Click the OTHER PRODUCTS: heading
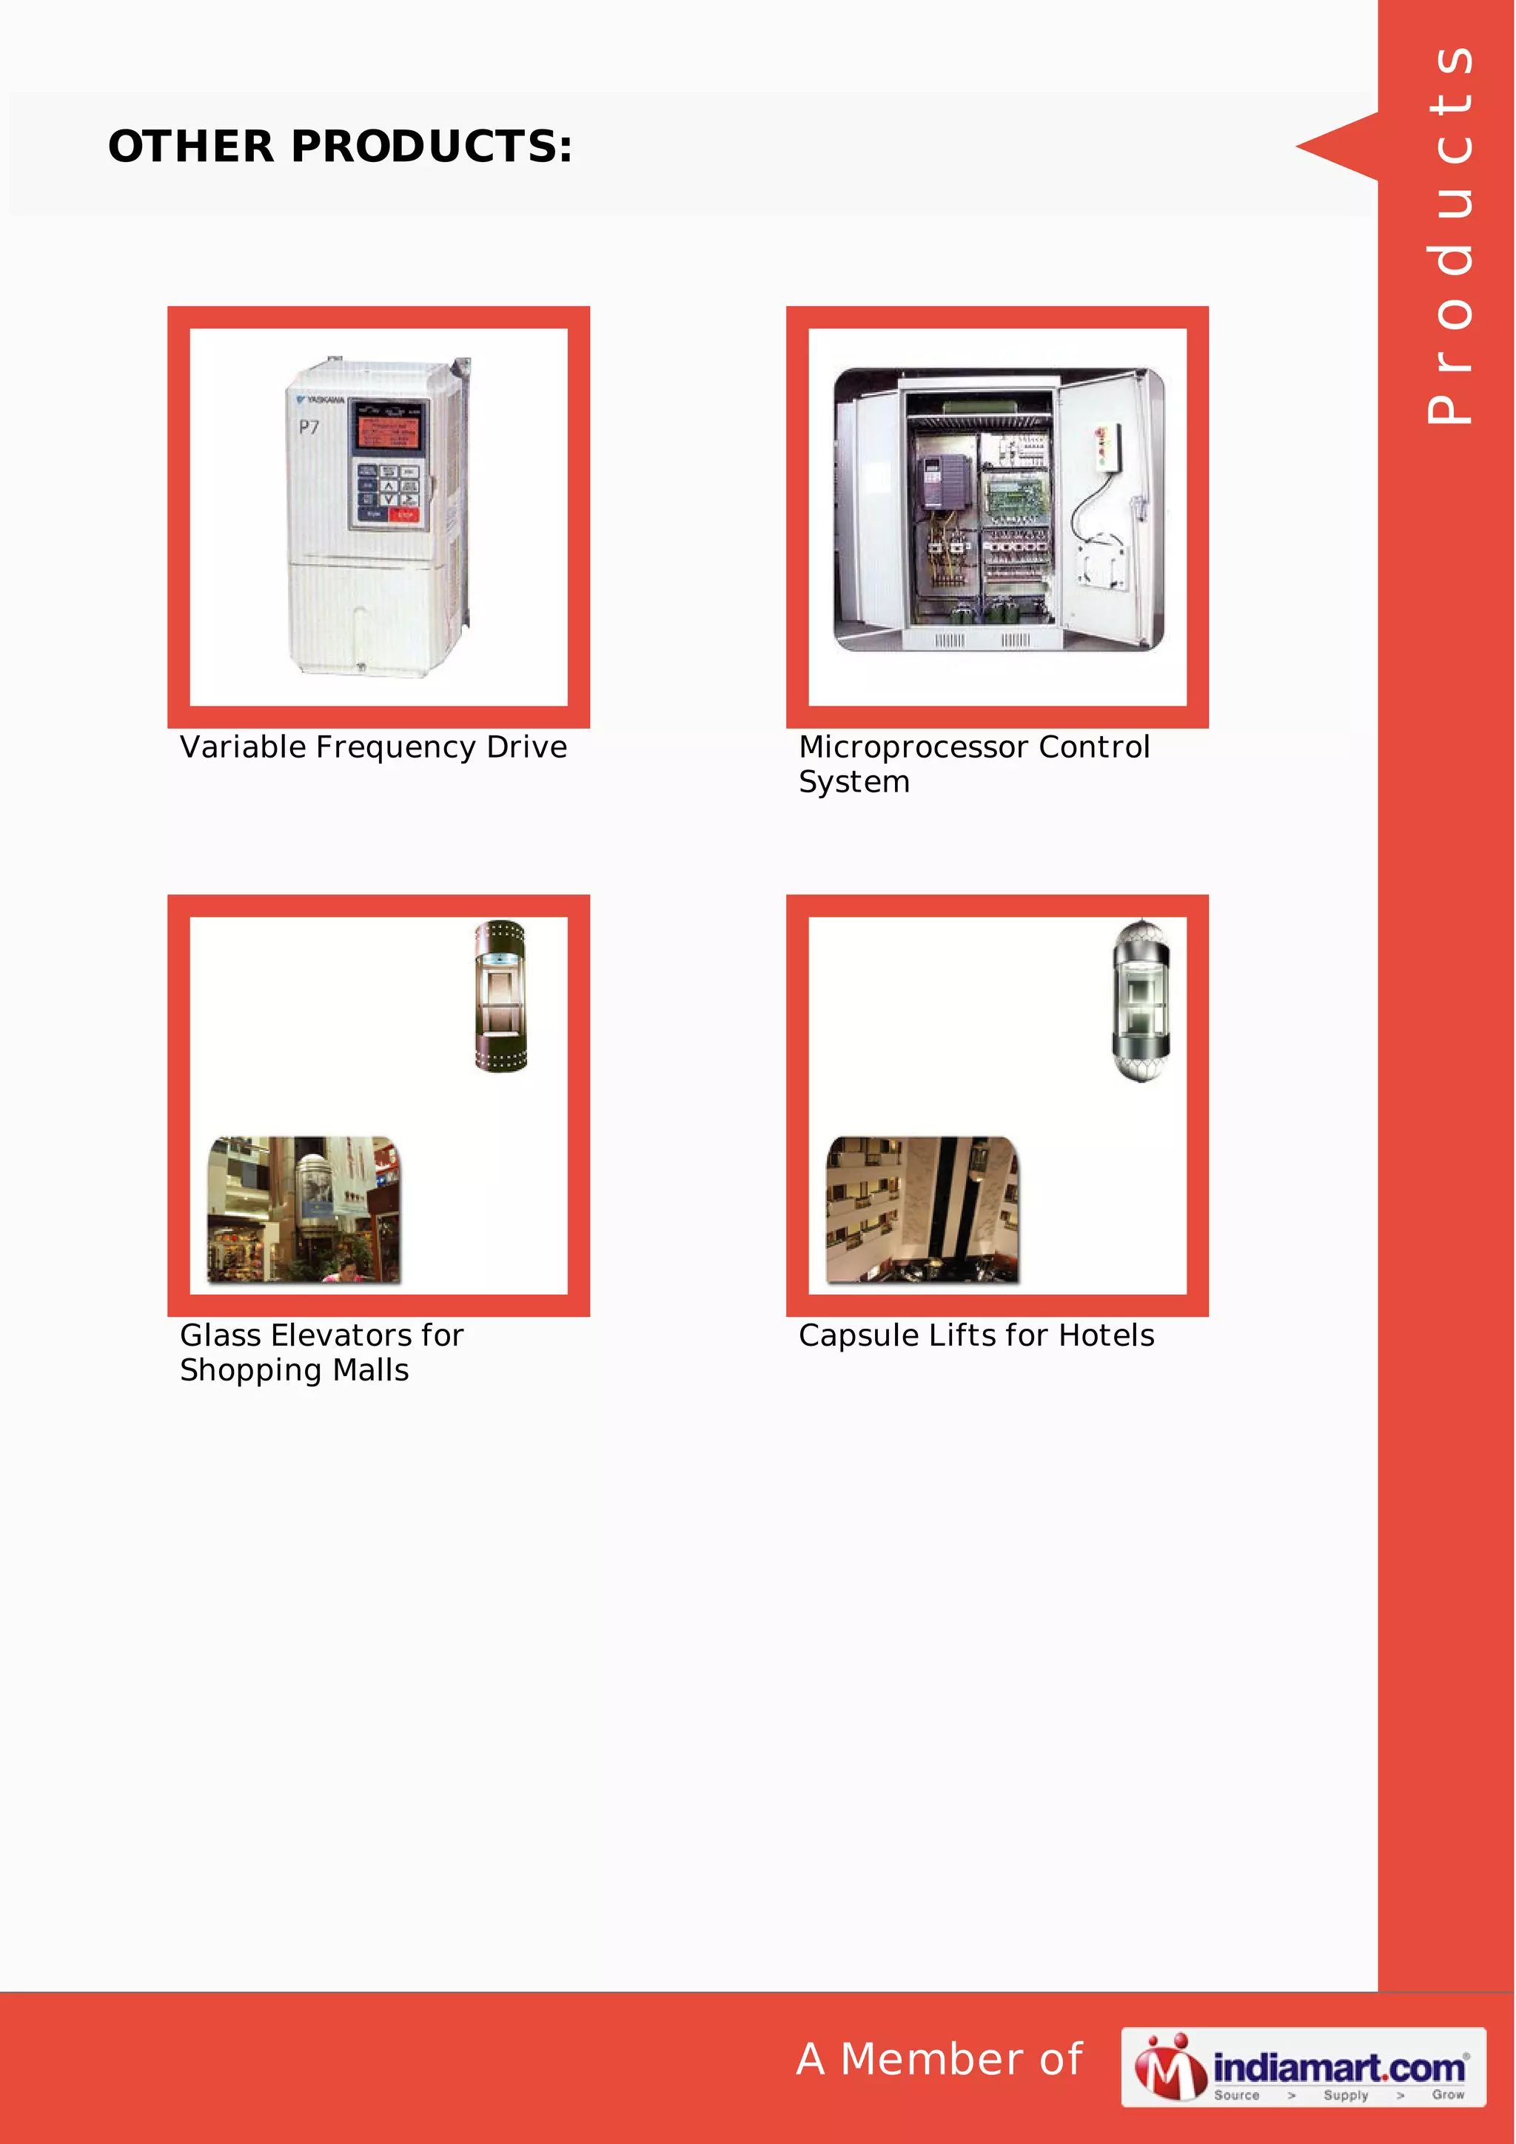(x=340, y=146)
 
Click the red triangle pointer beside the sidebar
(x=1338, y=146)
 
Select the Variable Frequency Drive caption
(x=374, y=747)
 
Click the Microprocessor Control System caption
(x=973, y=763)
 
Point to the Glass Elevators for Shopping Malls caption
(x=321, y=1352)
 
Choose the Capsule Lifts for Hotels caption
(x=976, y=1335)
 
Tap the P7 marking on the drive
(x=309, y=428)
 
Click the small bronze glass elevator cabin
(x=500, y=996)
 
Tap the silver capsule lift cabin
(x=1141, y=1001)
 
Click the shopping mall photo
(x=303, y=1210)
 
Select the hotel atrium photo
(x=922, y=1210)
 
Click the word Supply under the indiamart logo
(x=1345, y=2094)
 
